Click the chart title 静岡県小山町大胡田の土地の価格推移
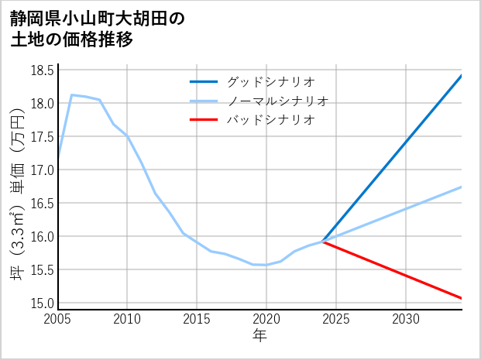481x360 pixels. click(98, 29)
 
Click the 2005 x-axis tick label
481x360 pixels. click(58, 319)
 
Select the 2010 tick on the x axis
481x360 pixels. click(127, 319)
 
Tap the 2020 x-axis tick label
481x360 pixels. click(266, 319)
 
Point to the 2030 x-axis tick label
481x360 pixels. click(406, 319)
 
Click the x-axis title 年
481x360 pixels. click(260, 336)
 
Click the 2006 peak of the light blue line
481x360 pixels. click(72, 95)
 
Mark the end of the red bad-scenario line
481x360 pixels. click(461, 298)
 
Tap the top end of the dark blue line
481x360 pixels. click(461, 76)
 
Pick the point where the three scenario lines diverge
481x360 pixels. click(322, 242)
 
